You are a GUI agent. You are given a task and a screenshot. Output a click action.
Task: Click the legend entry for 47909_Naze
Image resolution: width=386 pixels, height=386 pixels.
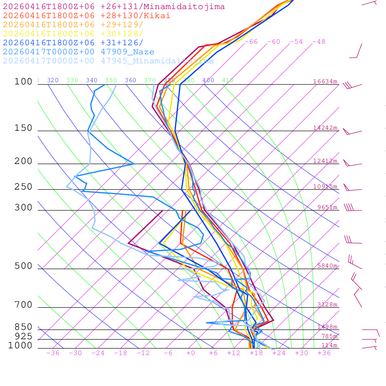[78, 52]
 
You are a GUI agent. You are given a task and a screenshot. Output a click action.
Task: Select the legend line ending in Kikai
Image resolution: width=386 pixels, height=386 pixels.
[86, 16]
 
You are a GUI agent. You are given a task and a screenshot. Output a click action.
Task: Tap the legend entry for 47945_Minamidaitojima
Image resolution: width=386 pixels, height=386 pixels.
[108, 61]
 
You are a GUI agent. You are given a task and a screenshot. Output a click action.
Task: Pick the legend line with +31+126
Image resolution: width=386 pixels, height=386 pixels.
[73, 43]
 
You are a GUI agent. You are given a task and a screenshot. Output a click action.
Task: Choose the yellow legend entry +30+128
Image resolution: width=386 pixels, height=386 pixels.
[73, 34]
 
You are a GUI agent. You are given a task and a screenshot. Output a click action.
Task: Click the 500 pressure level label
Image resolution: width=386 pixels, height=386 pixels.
[23, 266]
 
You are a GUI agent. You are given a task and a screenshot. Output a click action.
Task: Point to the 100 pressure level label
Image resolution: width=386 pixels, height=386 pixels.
[23, 82]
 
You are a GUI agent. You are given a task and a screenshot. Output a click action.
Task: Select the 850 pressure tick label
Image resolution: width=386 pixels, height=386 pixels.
[23, 327]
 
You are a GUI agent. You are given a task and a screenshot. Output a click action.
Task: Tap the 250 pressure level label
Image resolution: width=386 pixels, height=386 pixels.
[23, 187]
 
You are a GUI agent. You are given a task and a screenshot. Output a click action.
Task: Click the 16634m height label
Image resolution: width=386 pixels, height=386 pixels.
[325, 81]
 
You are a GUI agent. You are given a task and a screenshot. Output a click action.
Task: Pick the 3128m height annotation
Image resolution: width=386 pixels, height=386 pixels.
[327, 305]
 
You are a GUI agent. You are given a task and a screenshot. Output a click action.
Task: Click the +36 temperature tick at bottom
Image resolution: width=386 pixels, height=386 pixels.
[324, 353]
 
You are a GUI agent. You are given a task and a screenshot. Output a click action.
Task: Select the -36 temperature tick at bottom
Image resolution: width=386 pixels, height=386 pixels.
[53, 353]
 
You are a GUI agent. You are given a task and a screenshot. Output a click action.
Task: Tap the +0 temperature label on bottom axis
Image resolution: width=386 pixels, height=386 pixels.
[191, 353]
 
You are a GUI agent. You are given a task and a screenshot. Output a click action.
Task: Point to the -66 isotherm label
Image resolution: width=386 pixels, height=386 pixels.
[251, 42]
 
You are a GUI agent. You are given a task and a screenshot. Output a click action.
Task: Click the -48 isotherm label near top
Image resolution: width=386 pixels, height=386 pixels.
[319, 42]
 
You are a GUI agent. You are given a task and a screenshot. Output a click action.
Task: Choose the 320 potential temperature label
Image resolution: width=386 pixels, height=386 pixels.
[53, 80]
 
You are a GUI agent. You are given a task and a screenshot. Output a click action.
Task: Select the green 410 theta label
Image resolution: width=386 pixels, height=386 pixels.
[228, 80]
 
